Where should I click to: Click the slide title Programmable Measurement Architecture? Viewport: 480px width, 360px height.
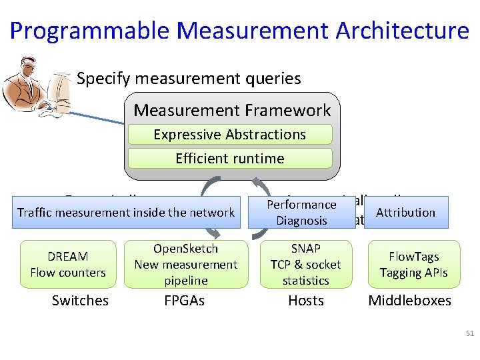pos(239,31)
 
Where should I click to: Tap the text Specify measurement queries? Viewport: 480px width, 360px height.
pos(189,79)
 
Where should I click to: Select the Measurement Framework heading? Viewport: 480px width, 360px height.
pos(232,110)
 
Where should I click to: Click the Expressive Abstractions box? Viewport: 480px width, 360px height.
pos(230,135)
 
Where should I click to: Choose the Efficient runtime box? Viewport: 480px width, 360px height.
pos(230,159)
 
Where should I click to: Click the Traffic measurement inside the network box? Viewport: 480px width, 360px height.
pos(125,213)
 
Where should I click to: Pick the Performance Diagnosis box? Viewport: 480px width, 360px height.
pos(301,213)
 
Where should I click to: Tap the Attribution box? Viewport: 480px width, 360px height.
pos(405,213)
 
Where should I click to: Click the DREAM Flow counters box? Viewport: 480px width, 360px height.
pos(68,265)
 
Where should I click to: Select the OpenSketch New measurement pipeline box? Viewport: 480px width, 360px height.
pos(185,265)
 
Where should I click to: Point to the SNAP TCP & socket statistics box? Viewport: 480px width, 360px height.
pos(305,265)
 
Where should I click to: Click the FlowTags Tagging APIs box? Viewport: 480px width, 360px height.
pos(413,265)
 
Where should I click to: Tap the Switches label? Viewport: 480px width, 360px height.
pos(80,301)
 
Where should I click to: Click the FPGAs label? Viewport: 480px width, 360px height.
pos(184,301)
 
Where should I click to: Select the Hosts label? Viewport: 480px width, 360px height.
pos(305,301)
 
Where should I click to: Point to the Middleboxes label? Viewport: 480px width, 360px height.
pos(409,301)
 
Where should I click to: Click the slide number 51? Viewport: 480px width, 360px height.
pos(469,333)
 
